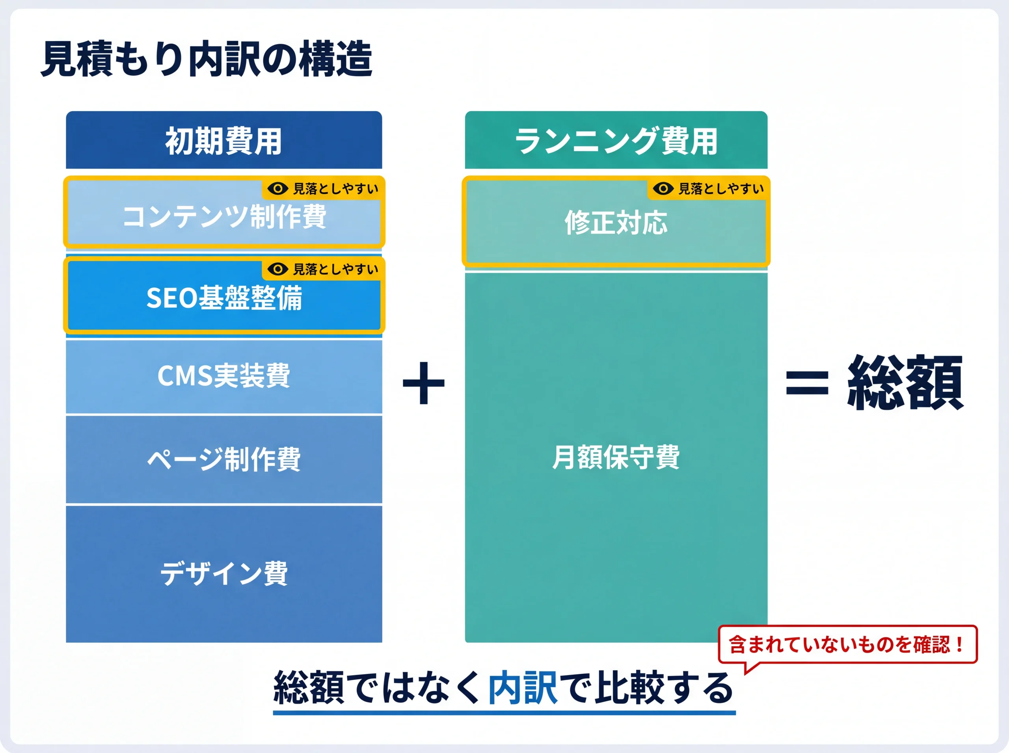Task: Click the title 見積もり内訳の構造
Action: (207, 59)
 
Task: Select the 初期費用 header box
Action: (223, 140)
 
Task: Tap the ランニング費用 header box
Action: (616, 140)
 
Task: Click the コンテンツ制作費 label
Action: (224, 217)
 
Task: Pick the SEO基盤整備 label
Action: (224, 298)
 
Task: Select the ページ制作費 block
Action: (224, 459)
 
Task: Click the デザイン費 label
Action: (224, 573)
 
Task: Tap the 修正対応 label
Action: (616, 223)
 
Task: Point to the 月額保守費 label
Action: (616, 457)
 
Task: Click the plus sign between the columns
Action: (423, 383)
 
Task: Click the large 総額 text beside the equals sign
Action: (905, 383)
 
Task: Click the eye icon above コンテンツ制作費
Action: (277, 188)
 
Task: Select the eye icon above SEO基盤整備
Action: (277, 269)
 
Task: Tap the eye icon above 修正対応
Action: (663, 188)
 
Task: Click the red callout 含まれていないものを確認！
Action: (847, 645)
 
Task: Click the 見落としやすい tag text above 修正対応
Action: (721, 189)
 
